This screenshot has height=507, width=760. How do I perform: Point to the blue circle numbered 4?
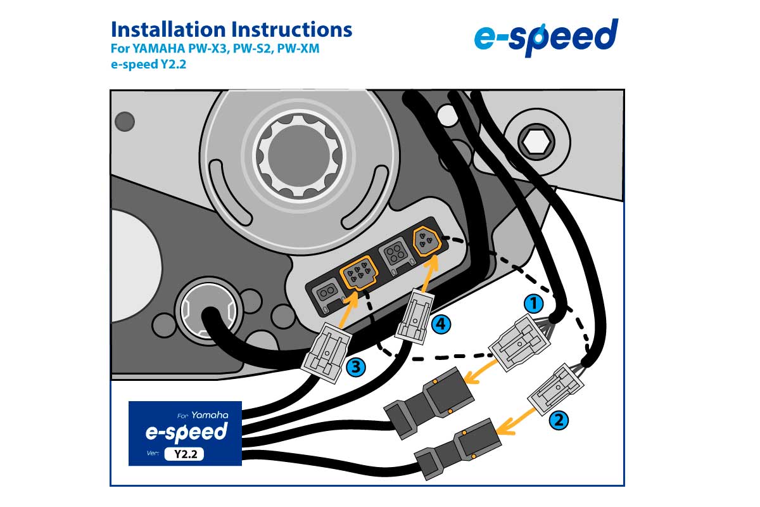coord(442,324)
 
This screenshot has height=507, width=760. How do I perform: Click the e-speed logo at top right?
coord(546,37)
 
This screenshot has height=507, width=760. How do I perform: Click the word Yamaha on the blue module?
coord(210,416)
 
